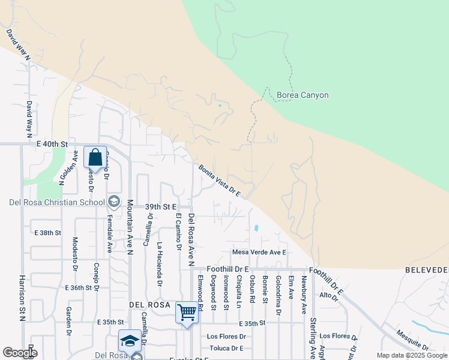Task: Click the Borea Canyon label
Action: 303,95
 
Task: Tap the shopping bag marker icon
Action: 95,158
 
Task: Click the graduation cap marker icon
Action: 130,341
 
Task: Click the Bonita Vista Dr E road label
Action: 220,181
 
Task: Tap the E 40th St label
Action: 52,144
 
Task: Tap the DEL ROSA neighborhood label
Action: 150,305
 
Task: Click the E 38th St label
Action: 47,232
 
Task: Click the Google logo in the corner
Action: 20,353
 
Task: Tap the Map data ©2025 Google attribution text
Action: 411,355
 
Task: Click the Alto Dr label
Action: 329,295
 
